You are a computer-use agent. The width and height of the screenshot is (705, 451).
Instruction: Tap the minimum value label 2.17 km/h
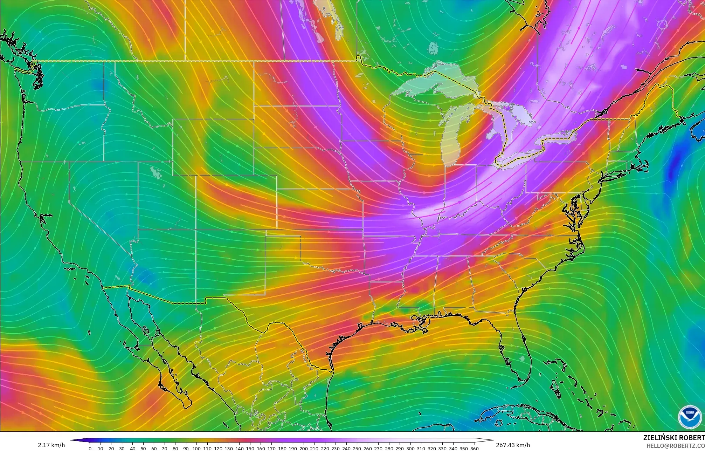tap(51, 445)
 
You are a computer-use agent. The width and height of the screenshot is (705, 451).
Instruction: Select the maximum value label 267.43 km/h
tap(513, 445)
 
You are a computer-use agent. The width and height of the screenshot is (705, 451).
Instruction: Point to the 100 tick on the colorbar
tap(196, 448)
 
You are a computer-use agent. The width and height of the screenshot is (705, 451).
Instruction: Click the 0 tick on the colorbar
tap(90, 448)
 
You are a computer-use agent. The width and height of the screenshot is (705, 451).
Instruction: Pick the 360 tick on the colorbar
tap(474, 448)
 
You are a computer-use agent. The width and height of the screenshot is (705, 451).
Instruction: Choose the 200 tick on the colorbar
tap(303, 448)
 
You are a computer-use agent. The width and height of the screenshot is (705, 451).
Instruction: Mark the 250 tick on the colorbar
tap(357, 448)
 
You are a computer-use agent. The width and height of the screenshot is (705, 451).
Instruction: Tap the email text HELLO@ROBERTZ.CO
tap(675, 446)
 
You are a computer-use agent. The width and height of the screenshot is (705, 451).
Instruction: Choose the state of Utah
tap(165, 196)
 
